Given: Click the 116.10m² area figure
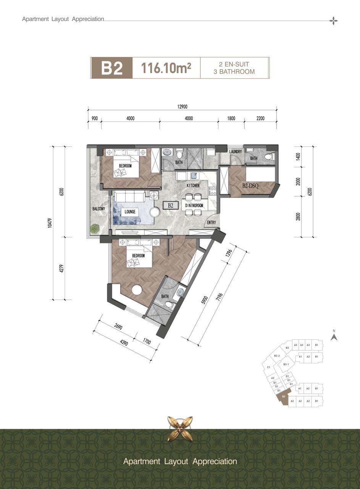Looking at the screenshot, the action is click(166, 68).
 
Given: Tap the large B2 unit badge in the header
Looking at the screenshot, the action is click(112, 68).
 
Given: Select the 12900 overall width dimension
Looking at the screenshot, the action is click(182, 107).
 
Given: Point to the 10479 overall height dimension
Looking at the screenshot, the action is click(50, 223).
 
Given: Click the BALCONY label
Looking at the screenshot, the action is click(98, 209).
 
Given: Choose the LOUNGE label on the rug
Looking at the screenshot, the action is click(130, 212).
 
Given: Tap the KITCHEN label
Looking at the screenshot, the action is click(193, 185).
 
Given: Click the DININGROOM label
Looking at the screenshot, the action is click(194, 206).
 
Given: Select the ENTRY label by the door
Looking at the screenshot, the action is click(211, 222).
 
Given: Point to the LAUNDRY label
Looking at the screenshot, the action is click(236, 152).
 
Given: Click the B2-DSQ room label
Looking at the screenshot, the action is click(250, 186).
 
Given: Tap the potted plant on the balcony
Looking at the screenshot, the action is click(95, 228).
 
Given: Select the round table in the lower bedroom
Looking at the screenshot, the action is click(137, 290).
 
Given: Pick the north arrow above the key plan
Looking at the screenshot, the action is click(334, 338).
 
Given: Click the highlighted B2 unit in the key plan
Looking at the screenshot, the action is click(283, 397).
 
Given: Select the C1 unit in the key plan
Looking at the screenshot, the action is click(268, 367).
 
